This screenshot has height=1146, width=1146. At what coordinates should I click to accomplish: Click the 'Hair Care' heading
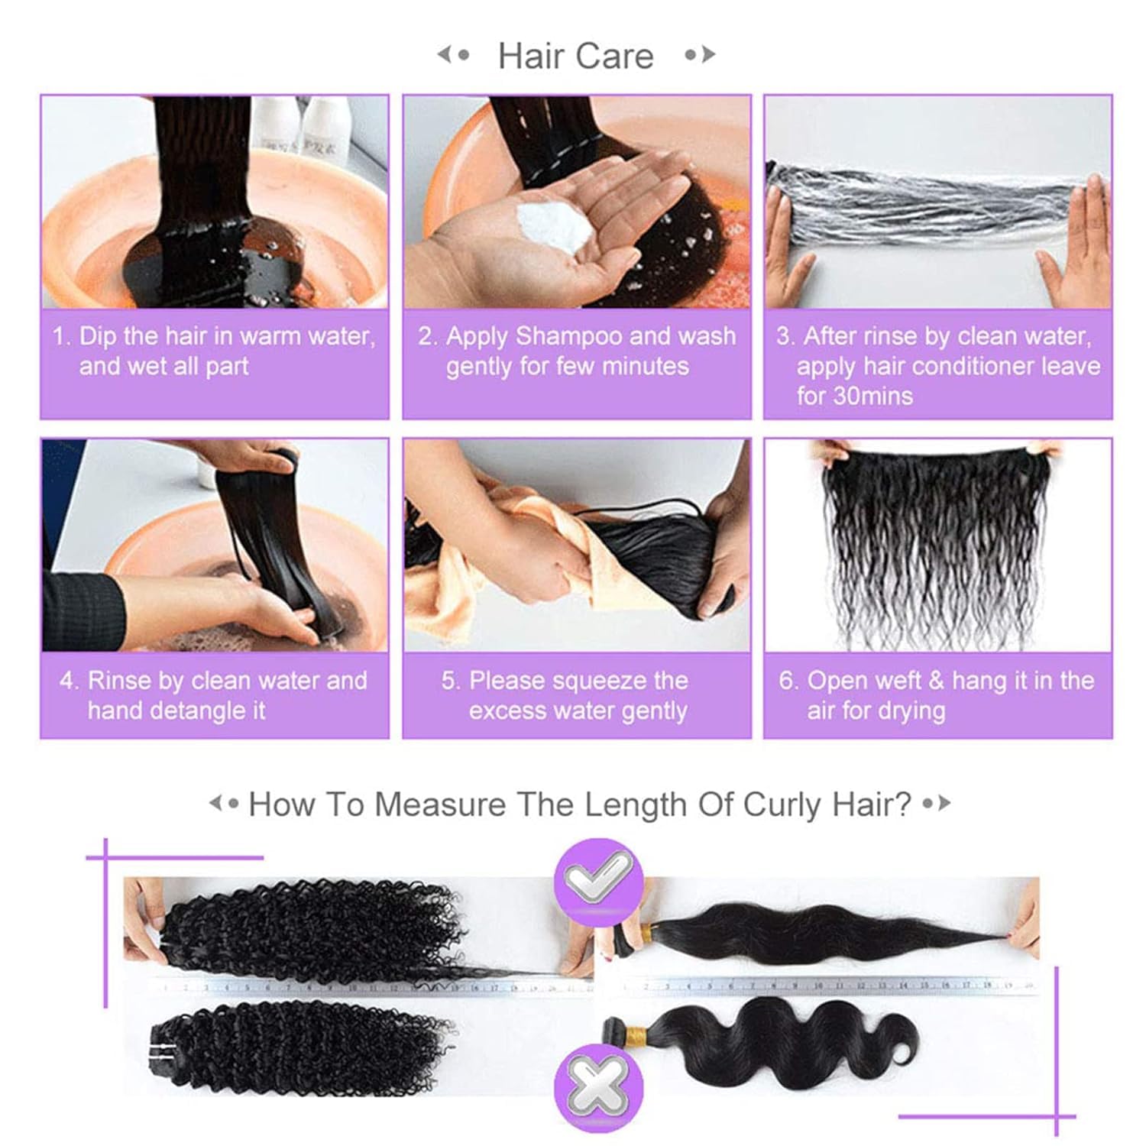575,56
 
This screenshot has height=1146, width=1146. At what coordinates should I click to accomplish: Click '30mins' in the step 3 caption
855,396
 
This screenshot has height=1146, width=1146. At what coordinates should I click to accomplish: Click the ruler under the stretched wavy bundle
829,986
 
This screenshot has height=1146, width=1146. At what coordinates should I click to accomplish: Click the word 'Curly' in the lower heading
781,804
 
